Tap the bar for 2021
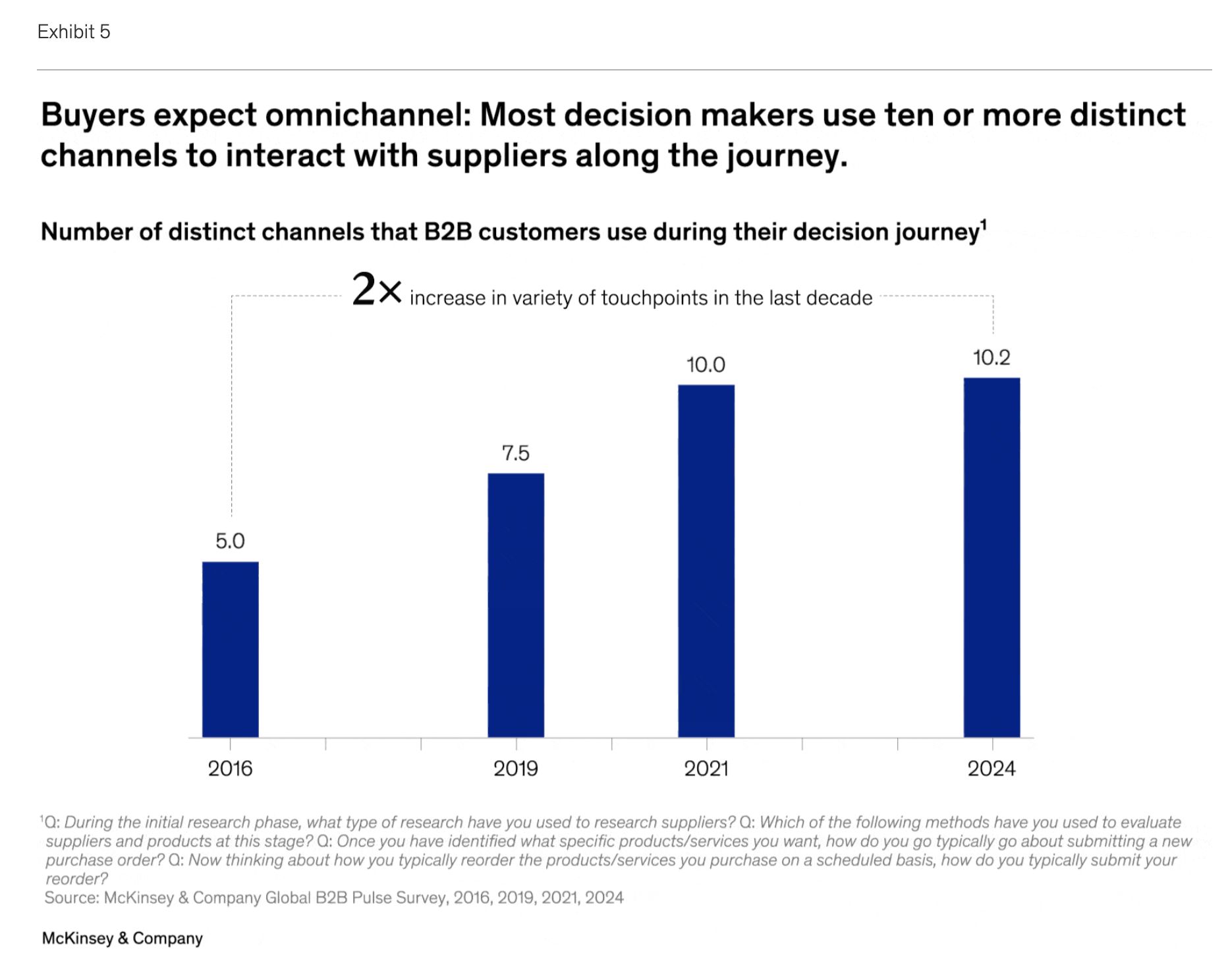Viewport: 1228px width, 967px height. [706, 561]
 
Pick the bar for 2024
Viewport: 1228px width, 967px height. [991, 557]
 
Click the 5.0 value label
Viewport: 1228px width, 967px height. [230, 541]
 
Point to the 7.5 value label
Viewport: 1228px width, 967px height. [516, 453]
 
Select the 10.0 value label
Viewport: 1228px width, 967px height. [706, 365]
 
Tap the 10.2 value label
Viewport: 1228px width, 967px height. [991, 358]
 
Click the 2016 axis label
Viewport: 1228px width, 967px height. [230, 768]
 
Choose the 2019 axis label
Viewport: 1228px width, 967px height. [516, 768]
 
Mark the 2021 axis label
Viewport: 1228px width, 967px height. [706, 768]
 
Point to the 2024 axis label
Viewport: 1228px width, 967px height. [991, 768]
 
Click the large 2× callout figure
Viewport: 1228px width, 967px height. [376, 290]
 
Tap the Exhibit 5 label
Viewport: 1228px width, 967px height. [74, 32]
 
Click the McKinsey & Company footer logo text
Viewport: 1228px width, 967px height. [123, 938]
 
